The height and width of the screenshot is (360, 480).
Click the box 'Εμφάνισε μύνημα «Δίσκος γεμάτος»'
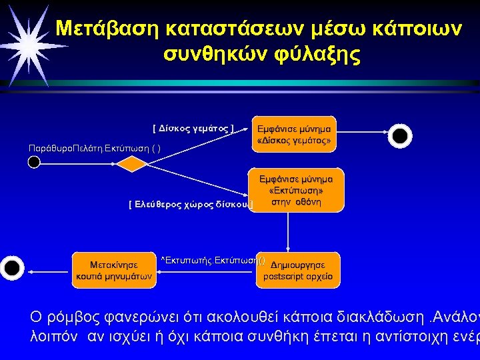293,134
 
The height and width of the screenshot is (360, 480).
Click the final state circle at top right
399,135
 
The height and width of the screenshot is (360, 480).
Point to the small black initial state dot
35,162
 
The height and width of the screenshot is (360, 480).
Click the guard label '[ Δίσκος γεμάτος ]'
193,127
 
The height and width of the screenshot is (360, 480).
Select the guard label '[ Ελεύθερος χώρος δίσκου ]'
191,204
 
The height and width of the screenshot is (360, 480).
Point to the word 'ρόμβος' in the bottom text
73,315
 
